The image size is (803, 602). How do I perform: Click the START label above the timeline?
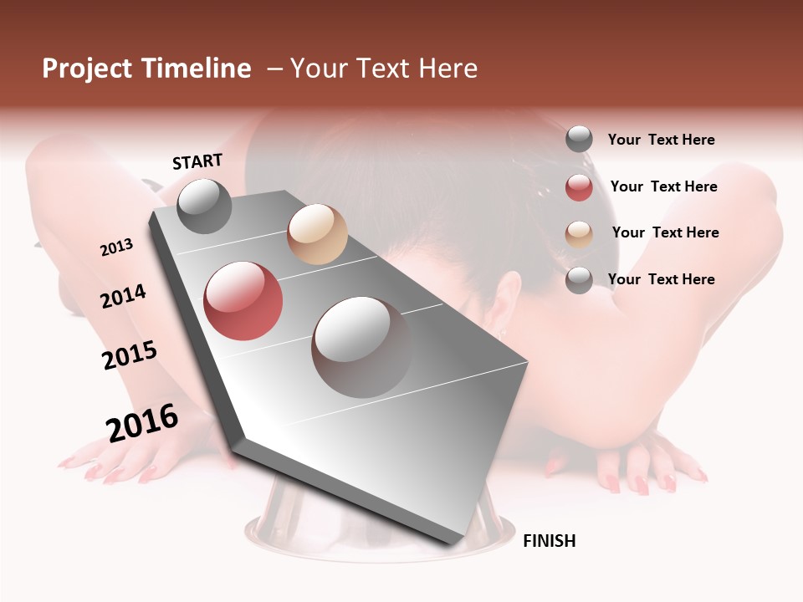197,161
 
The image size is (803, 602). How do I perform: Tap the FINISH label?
549,541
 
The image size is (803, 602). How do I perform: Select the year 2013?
116,247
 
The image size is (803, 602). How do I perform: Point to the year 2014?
123,297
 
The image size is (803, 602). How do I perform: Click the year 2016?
142,423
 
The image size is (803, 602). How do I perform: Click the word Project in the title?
88,69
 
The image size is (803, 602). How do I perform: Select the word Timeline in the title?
197,69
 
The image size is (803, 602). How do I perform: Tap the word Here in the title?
448,69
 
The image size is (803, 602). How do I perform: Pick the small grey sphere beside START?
204,206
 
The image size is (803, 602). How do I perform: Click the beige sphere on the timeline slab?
317,234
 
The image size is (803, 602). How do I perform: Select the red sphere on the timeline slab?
243,301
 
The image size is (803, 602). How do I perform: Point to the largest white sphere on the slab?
362,347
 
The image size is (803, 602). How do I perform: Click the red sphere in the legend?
579,187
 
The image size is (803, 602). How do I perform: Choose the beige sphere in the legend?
579,234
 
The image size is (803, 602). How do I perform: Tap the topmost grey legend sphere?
579,139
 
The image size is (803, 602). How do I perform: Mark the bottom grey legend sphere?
579,280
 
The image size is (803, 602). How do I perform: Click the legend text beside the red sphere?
663,186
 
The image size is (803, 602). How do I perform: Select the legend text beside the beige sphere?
665,232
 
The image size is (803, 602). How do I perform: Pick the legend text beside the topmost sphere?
661,140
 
